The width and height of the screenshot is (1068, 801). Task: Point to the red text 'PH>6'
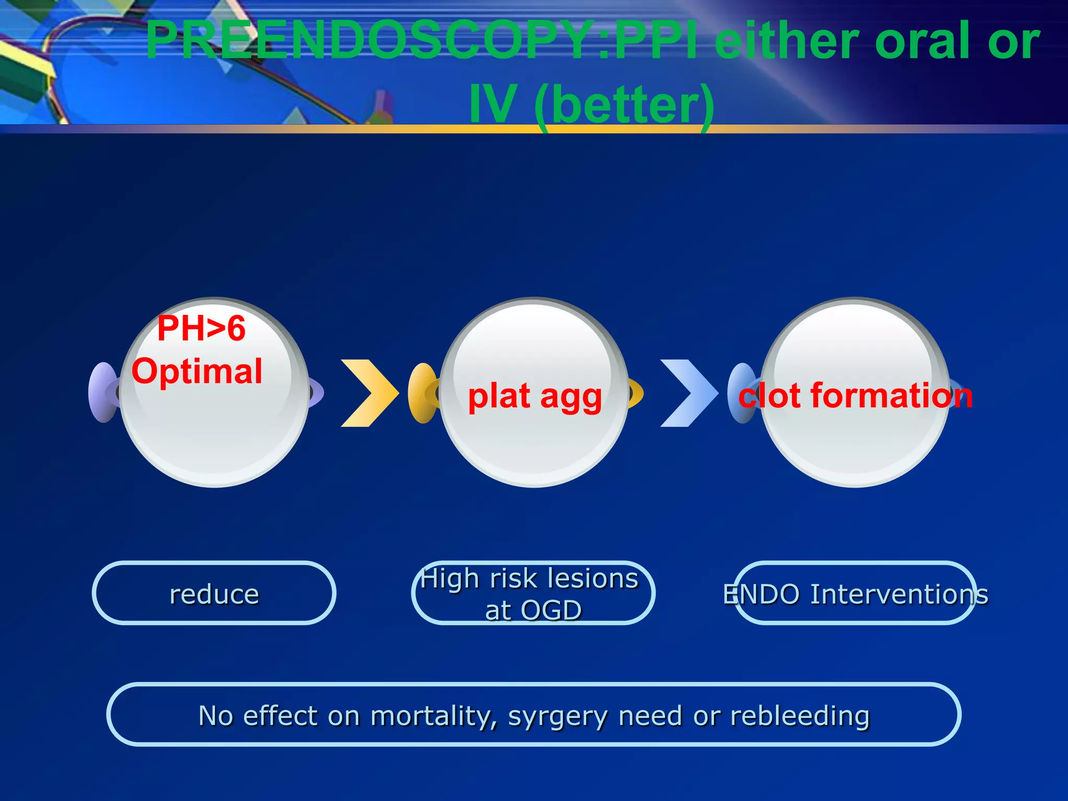[201, 329]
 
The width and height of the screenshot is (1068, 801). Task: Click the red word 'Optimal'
[197, 371]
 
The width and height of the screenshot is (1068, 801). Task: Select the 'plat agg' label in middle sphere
[535, 396]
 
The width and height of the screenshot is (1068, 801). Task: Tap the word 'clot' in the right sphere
[769, 395]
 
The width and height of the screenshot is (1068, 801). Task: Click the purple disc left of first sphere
[102, 392]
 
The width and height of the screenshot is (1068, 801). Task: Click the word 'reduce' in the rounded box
[214, 594]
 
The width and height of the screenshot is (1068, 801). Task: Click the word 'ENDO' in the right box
[761, 594]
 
